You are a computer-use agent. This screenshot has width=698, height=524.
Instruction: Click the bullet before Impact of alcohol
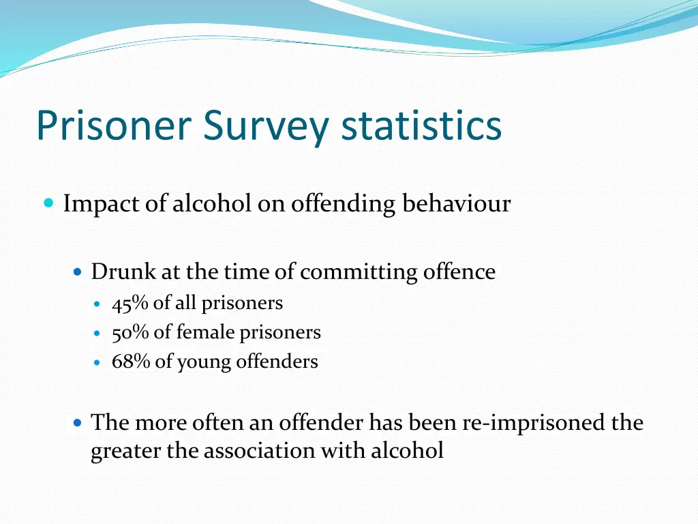pos(48,203)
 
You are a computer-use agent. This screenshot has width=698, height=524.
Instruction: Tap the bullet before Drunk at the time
pos(78,272)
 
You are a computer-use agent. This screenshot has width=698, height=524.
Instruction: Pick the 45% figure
pos(131,303)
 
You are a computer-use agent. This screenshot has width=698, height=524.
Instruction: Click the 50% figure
pos(131,332)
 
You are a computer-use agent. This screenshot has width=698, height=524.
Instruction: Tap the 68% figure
pos(131,362)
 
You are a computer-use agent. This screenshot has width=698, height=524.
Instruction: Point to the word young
pos(204,362)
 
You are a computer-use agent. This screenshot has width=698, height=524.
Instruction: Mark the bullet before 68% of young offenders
pos(97,362)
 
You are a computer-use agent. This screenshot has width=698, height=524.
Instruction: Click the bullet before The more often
pos(78,423)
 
